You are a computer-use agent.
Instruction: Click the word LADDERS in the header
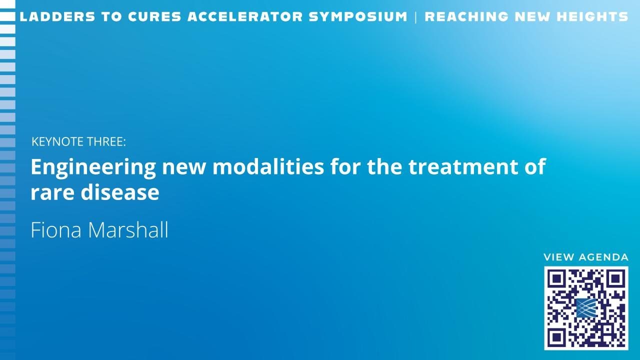pos(57,16)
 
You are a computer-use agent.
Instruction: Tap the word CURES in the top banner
pos(154,16)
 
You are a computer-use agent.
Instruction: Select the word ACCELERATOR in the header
pos(245,16)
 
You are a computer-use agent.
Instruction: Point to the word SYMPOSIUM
pos(358,16)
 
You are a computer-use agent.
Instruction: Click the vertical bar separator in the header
pos(415,17)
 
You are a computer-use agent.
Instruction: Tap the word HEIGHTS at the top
pos(592,16)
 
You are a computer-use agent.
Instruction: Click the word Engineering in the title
pos(93,167)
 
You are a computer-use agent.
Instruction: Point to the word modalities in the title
pos(268,166)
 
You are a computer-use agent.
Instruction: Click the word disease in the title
pos(120,192)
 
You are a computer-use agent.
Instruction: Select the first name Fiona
pos(56,229)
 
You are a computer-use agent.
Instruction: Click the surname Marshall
pos(128,229)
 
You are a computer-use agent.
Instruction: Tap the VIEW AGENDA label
pos(586,257)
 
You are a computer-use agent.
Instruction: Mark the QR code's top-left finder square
pos(556,279)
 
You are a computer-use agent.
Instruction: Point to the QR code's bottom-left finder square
pos(556,337)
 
